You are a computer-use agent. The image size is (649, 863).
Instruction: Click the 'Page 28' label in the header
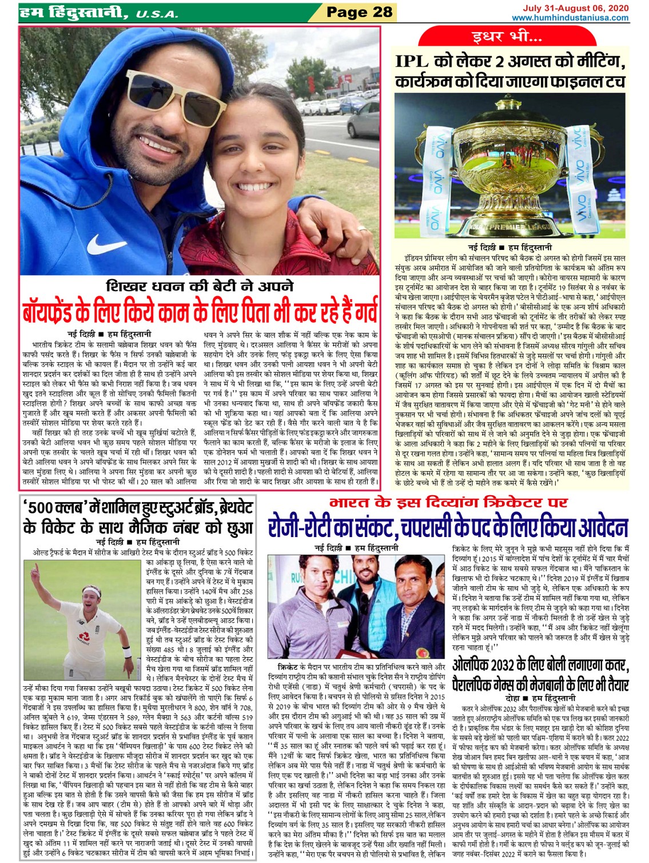pyautogui.click(x=359, y=11)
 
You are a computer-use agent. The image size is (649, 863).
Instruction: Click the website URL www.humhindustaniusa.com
pyautogui.click(x=570, y=18)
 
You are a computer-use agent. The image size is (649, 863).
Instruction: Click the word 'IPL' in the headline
pyautogui.click(x=415, y=62)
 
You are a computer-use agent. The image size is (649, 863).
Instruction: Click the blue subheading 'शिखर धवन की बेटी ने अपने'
pyautogui.click(x=200, y=286)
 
